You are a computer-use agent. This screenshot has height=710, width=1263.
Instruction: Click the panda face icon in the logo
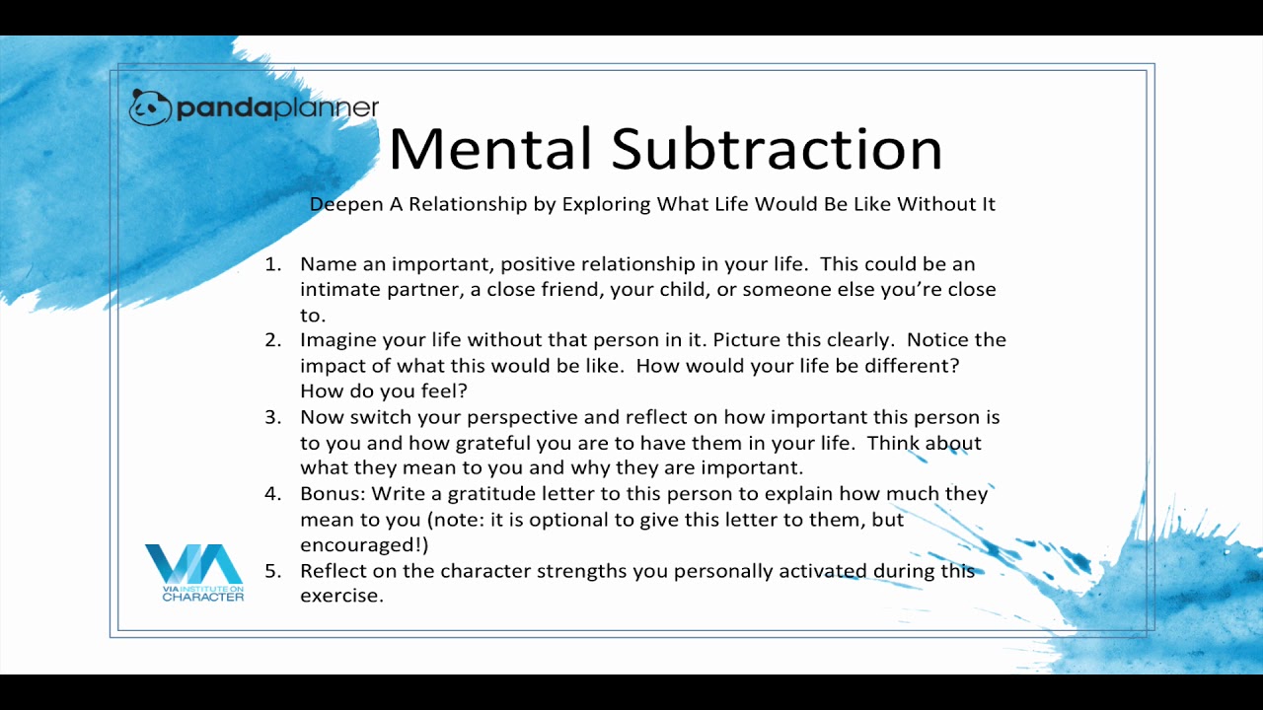coord(150,107)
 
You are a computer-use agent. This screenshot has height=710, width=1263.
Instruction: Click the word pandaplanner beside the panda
coord(277,108)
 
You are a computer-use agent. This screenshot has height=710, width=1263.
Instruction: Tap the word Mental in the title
coord(490,148)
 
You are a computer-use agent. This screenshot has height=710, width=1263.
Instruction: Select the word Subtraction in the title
coord(777,148)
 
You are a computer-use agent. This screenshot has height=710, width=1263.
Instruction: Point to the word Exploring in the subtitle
coord(606,204)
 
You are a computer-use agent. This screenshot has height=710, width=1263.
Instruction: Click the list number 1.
coord(273,264)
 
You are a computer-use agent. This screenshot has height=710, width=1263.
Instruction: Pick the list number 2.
coord(273,340)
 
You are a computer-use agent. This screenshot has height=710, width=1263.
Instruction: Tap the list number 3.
coord(273,417)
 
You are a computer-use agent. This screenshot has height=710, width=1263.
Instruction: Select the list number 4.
coord(273,494)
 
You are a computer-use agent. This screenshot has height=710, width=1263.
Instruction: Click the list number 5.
coord(273,571)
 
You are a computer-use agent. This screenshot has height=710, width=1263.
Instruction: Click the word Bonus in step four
coord(334,494)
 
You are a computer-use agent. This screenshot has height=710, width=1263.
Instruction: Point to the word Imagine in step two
coord(337,341)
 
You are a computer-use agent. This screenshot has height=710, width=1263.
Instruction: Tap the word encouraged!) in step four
coord(364,546)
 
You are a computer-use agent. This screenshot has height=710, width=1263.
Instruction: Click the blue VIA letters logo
coord(194,564)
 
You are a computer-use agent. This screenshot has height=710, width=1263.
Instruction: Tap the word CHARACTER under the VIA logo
coord(203,598)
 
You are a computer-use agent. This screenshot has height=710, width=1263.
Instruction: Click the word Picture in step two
coord(747,340)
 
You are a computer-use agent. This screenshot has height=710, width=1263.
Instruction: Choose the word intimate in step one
coord(340,290)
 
